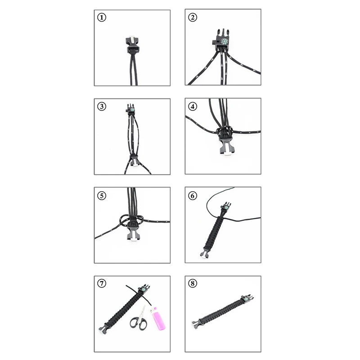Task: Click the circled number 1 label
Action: tap(102, 18)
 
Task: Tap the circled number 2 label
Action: tap(193, 18)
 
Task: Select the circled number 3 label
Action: tap(102, 107)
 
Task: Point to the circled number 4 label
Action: tap(193, 107)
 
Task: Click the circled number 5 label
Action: tap(102, 196)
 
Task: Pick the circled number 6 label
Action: tap(193, 196)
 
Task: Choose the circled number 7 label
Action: tap(102, 283)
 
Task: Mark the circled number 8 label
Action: tap(193, 283)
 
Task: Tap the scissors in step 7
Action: tap(139, 318)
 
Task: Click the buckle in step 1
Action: tap(132, 45)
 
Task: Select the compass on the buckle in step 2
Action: tap(224, 41)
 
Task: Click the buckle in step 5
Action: tap(132, 231)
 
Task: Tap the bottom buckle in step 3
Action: tap(134, 161)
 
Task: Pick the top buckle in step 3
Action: tap(131, 109)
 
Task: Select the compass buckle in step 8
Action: tap(247, 299)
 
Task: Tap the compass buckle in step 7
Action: tap(144, 289)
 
